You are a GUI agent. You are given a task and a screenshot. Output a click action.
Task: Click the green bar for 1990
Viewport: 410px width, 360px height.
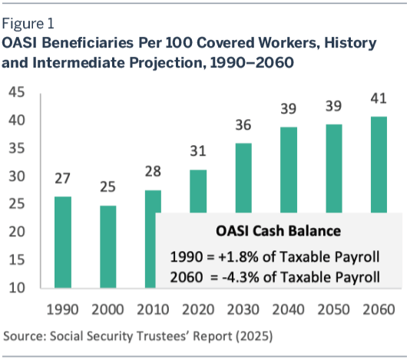click(x=63, y=242)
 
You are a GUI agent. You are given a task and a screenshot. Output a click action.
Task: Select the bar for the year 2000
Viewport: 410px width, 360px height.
click(x=108, y=247)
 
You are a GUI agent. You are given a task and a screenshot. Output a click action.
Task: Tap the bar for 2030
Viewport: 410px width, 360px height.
click(x=243, y=178)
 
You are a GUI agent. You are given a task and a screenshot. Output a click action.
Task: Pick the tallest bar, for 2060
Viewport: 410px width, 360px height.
click(x=379, y=164)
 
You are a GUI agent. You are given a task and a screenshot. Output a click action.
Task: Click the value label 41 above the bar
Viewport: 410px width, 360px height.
click(x=379, y=98)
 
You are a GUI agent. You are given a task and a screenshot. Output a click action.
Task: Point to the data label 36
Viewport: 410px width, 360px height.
click(x=243, y=125)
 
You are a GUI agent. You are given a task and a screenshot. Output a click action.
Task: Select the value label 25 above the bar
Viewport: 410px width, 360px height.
click(x=107, y=187)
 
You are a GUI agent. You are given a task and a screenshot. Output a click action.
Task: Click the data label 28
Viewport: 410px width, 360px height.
click(x=153, y=171)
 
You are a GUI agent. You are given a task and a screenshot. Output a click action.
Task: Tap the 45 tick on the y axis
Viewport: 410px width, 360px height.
click(x=17, y=92)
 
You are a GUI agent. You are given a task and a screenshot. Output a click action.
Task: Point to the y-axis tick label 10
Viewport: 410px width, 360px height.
click(x=17, y=288)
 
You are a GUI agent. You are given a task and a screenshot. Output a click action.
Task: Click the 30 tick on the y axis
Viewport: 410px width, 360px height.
click(x=17, y=177)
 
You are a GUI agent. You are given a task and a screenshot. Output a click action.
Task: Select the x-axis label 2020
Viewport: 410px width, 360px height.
click(x=198, y=309)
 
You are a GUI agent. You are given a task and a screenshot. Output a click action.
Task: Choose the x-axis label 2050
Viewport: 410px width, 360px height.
click(x=333, y=309)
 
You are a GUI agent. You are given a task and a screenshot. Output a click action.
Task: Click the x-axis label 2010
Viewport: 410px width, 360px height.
click(x=153, y=309)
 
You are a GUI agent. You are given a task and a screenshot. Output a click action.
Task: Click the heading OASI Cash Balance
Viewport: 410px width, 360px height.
click(x=278, y=231)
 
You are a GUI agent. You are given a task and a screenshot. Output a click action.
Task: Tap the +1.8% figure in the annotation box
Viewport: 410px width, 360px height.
click(x=239, y=256)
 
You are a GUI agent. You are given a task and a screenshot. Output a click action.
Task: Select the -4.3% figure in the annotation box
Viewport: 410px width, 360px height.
click(x=240, y=277)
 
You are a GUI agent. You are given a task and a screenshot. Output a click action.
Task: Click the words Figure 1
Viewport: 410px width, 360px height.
click(x=28, y=24)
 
